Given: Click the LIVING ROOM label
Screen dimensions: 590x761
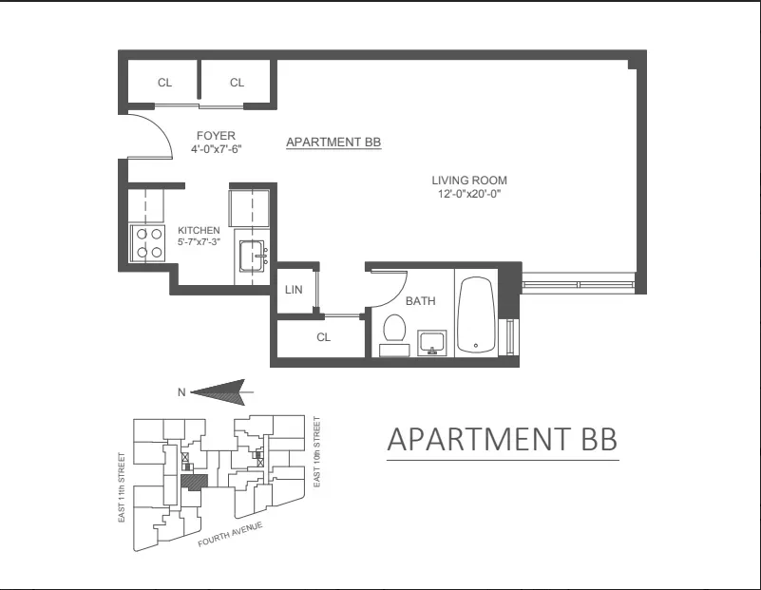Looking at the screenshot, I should [469, 181].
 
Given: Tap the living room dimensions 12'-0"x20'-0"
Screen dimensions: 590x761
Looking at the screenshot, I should [469, 194].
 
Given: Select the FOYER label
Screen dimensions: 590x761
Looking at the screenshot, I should [216, 136].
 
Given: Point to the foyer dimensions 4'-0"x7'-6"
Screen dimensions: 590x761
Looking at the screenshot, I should [216, 149].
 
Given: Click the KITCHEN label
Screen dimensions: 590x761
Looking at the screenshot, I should [199, 230].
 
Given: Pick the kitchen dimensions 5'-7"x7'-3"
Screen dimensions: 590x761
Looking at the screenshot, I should [199, 242].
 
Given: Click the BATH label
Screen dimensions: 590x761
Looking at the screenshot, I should [420, 301].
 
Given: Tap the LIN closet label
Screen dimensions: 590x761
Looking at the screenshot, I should [294, 290].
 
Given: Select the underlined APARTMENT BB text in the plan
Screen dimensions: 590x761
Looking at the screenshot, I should [333, 143].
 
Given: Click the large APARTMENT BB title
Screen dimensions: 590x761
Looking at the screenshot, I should [503, 440].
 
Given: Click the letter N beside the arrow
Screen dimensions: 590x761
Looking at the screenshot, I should [181, 390].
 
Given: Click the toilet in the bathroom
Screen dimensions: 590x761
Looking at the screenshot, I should [392, 332].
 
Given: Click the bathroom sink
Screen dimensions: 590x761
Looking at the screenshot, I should [432, 342].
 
